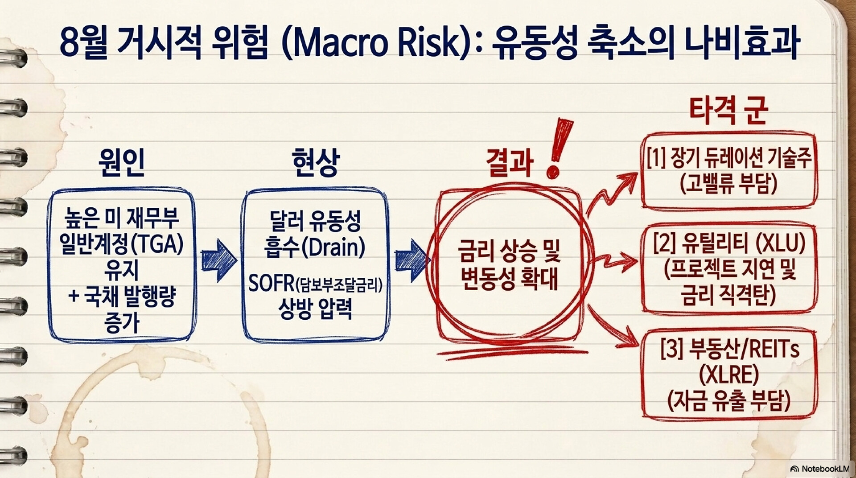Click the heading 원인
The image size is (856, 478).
click(x=122, y=162)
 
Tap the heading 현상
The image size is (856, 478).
click(x=315, y=162)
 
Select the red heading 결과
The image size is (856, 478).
click(x=510, y=162)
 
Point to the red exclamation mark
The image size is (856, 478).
click(x=559, y=147)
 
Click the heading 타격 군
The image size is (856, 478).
click(x=728, y=110)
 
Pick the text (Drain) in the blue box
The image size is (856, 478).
click(x=333, y=247)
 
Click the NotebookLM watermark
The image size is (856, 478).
click(x=819, y=469)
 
